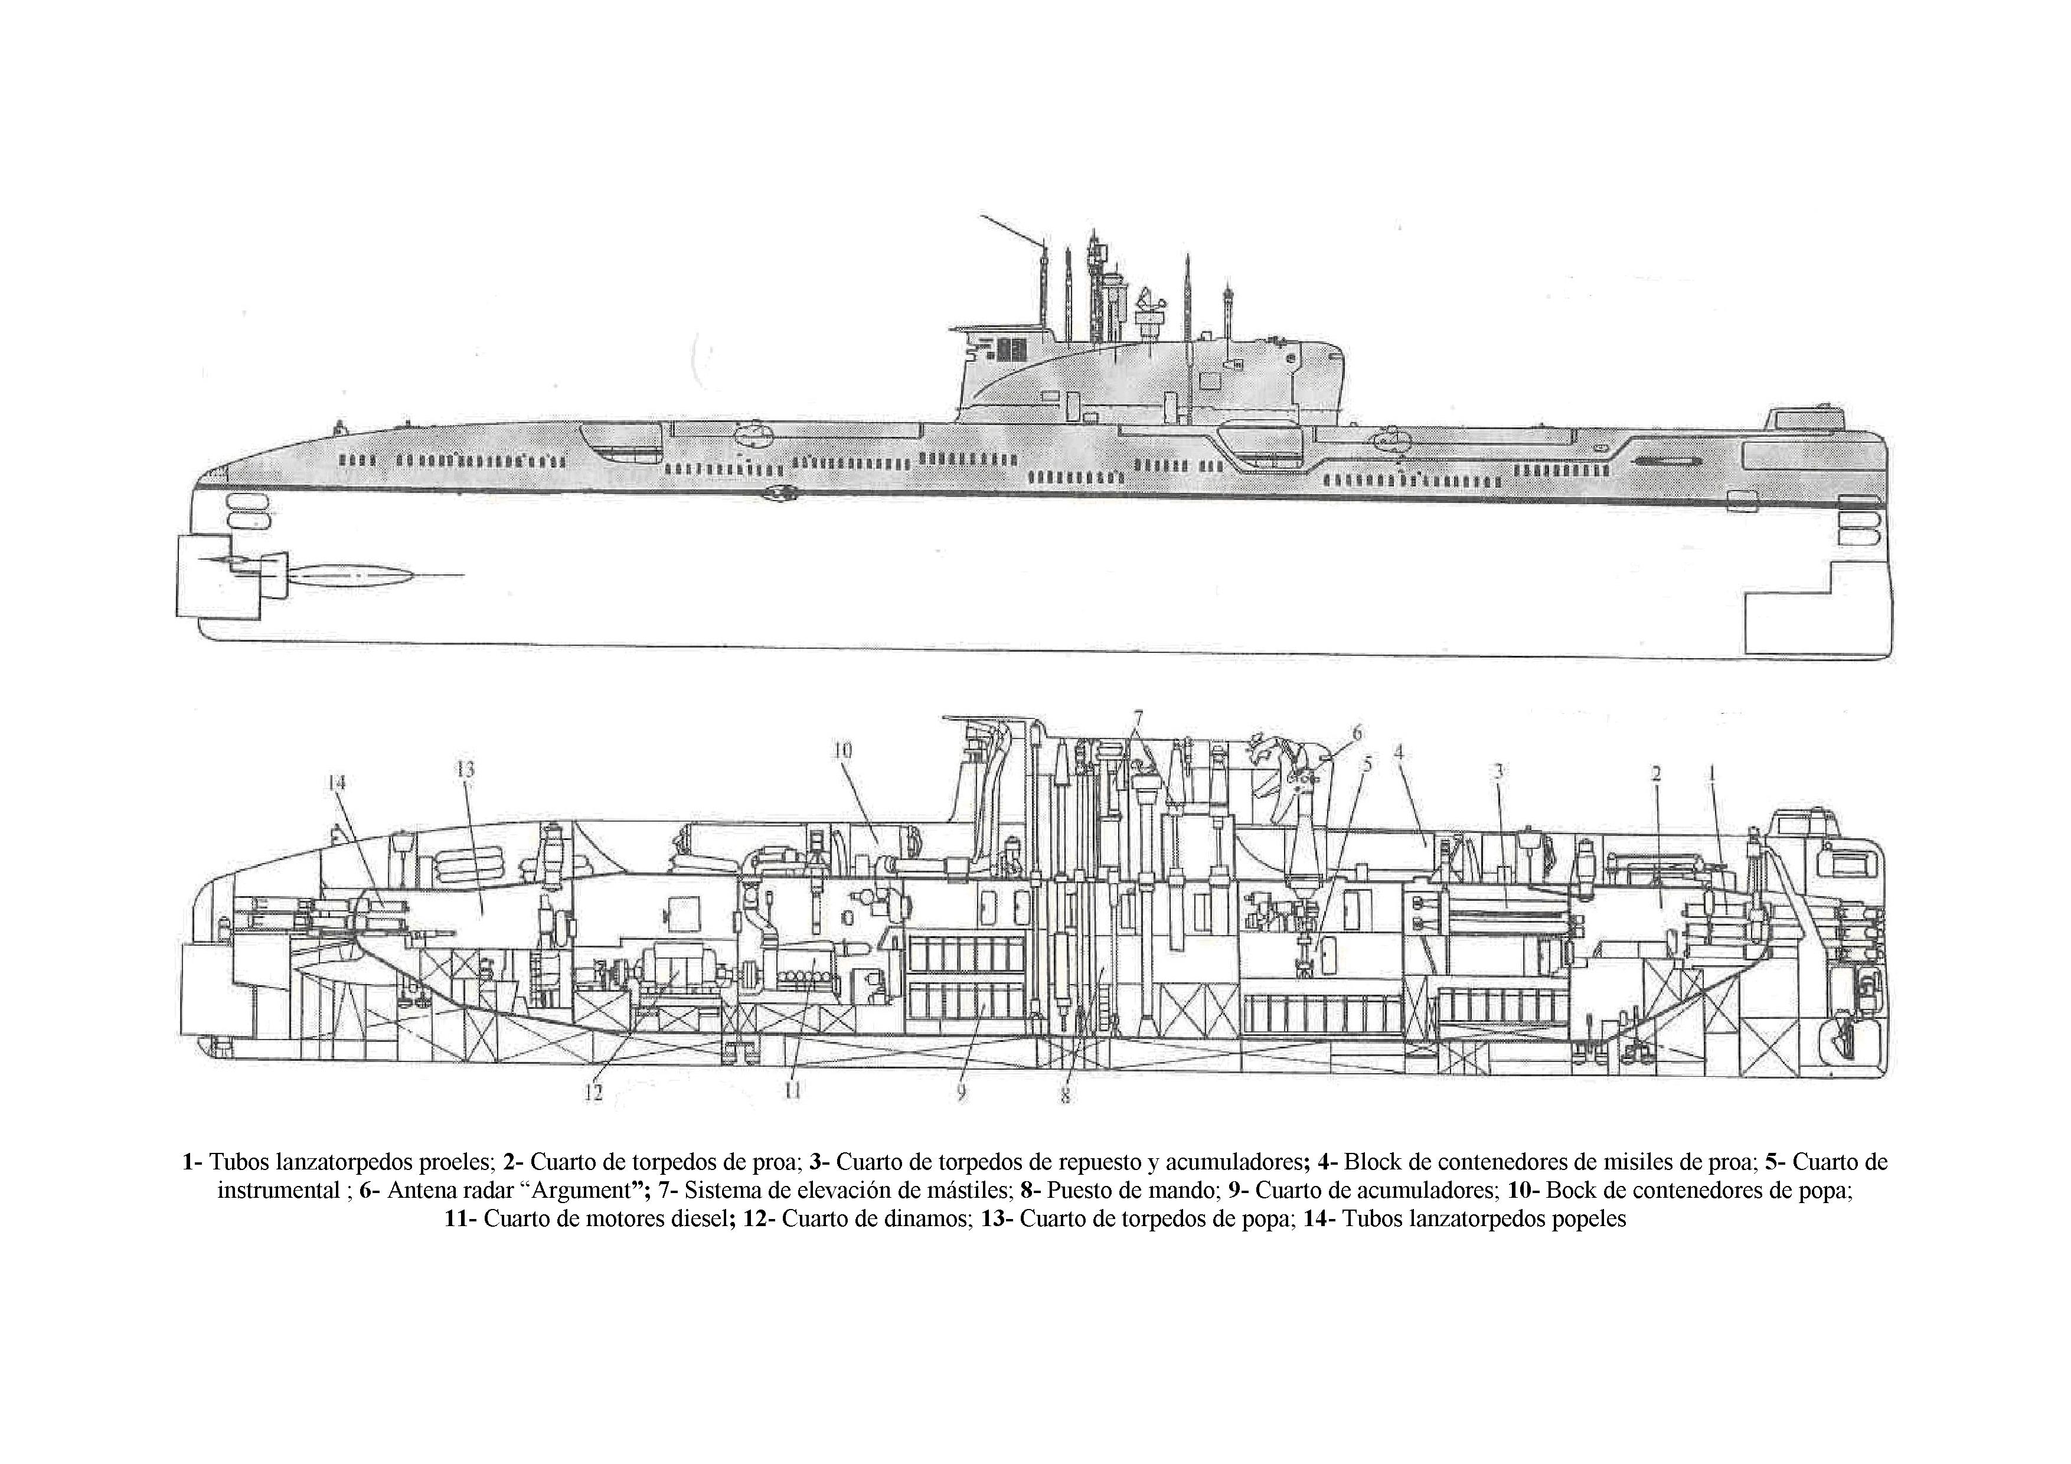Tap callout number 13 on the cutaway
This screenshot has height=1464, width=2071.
pyautogui.click(x=465, y=769)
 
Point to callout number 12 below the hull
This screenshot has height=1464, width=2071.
pyautogui.click(x=593, y=1092)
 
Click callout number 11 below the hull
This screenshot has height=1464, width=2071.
pyautogui.click(x=792, y=1090)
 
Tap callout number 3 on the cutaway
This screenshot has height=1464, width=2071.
pyautogui.click(x=1498, y=771)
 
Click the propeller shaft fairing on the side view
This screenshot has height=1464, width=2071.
pyautogui.click(x=352, y=574)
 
